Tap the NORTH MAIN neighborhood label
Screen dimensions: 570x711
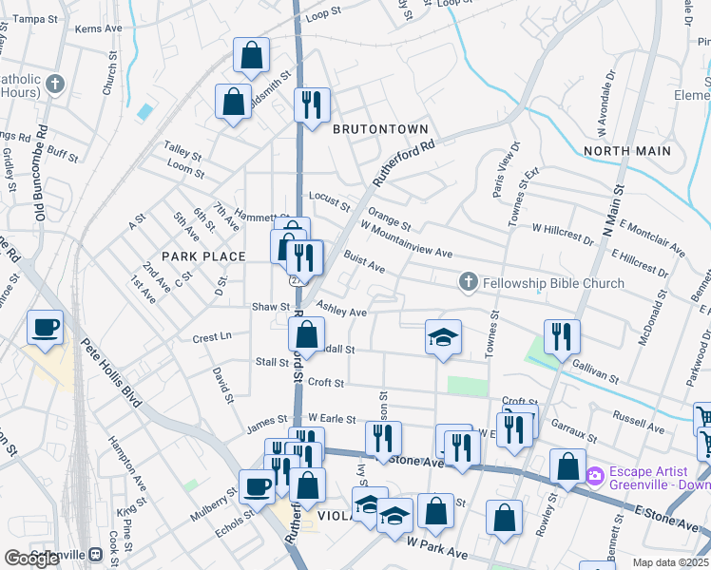[627, 151]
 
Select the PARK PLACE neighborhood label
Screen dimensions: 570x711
[203, 256]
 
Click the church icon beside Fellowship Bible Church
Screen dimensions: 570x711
[468, 282]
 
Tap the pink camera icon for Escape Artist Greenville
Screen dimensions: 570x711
[596, 475]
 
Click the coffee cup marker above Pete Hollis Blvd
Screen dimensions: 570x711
[45, 329]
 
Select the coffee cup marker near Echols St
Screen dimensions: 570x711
[257, 486]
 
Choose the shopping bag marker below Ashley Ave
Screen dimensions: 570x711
[306, 335]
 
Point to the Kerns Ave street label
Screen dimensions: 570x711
[100, 29]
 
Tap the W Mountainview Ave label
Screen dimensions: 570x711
[406, 238]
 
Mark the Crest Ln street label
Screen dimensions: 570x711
[212, 337]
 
